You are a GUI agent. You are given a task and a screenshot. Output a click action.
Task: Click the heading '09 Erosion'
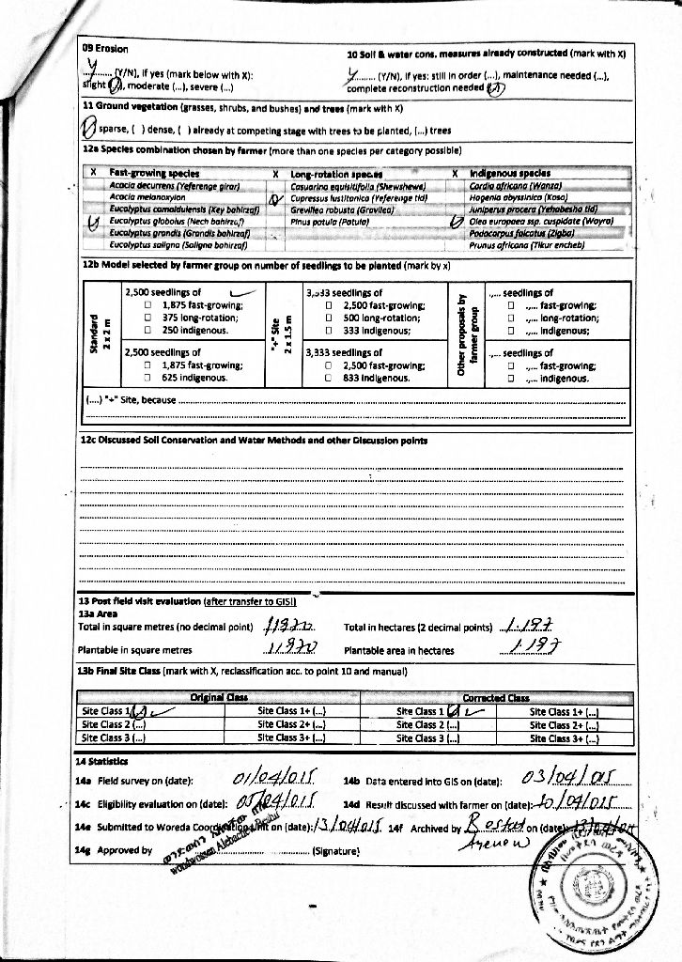point(105,47)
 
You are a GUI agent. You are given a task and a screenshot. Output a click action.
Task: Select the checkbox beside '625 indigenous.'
point(147,378)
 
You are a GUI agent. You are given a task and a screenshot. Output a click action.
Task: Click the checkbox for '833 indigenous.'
point(328,378)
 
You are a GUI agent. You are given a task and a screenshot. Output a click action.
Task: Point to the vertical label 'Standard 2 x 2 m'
point(97,334)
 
